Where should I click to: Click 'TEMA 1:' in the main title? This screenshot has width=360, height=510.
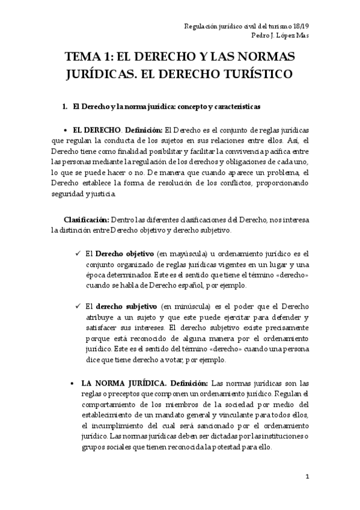click(x=90, y=58)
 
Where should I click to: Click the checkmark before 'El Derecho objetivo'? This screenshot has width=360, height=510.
click(x=79, y=253)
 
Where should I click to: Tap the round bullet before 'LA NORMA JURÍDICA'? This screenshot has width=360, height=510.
click(x=73, y=382)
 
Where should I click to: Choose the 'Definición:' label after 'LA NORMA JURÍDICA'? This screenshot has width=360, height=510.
click(x=189, y=382)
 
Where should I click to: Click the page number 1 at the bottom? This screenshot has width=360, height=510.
click(x=307, y=477)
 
